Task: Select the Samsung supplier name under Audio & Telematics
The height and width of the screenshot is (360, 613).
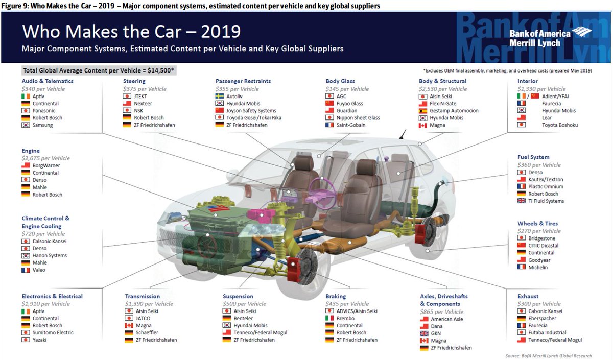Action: (x=42, y=125)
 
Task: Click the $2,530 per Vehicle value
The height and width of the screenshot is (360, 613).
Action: (x=443, y=89)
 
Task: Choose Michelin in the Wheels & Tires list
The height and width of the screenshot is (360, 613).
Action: (x=538, y=267)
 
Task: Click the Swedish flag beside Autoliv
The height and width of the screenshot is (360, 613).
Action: (x=221, y=96)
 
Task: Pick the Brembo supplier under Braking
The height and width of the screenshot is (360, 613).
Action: (x=346, y=318)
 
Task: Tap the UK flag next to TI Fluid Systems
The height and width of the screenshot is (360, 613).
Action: (x=522, y=201)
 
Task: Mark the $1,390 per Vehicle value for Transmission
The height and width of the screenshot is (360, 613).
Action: (x=149, y=304)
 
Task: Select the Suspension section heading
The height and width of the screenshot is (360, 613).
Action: (x=238, y=296)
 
